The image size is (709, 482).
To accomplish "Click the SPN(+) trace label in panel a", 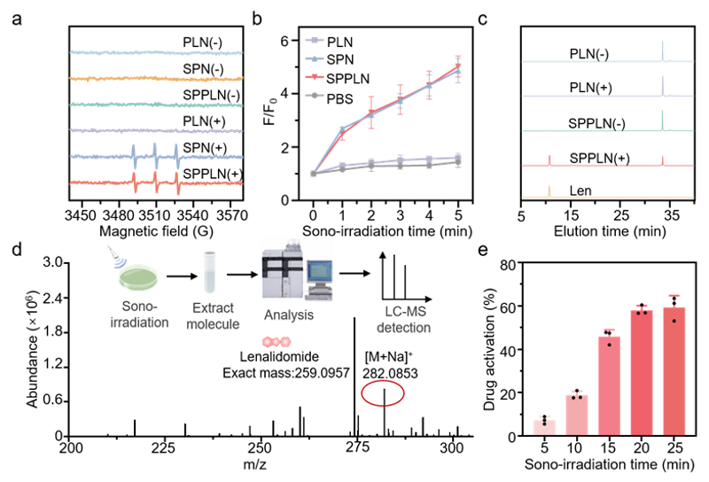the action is pos(205,148).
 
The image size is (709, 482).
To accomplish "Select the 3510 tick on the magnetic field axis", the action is pos(155,214).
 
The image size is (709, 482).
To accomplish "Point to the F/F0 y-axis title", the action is pos(271,107).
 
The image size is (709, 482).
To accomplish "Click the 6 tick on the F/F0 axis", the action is pos(284,41).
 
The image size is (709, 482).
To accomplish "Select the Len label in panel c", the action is pos(580,190).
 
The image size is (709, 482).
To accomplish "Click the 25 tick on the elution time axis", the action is pos(621,215).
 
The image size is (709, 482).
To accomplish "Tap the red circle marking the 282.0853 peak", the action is pos(383,393).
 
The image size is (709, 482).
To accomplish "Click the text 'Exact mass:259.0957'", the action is pos(286,373).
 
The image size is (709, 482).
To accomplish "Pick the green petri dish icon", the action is pos(139,277).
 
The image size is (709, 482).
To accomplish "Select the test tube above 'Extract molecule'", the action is pos(209,272).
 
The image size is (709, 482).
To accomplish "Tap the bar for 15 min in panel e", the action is pos(609,386).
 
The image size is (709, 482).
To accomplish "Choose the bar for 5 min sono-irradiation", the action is pos(544,428).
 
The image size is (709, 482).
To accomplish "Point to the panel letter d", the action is pos(17,249).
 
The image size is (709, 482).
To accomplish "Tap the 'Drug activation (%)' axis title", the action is pos(490,350).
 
